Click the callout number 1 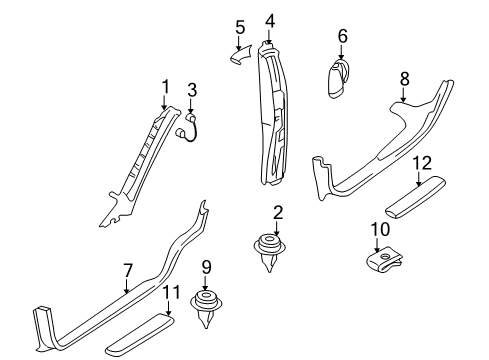tap(165, 87)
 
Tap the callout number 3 tap(192, 90)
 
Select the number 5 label tap(240, 27)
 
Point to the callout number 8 tap(404, 79)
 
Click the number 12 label tap(422, 163)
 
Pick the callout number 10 tap(380, 229)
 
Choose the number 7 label tap(128, 270)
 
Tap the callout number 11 tap(171, 292)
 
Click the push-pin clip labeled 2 tap(270, 252)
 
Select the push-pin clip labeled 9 tap(206, 308)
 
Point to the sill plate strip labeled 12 tap(415, 198)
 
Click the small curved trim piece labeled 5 tap(241, 55)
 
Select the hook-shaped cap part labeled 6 tap(338, 78)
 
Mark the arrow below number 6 tap(341, 52)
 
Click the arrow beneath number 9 tap(205, 283)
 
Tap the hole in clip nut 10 tap(385, 257)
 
